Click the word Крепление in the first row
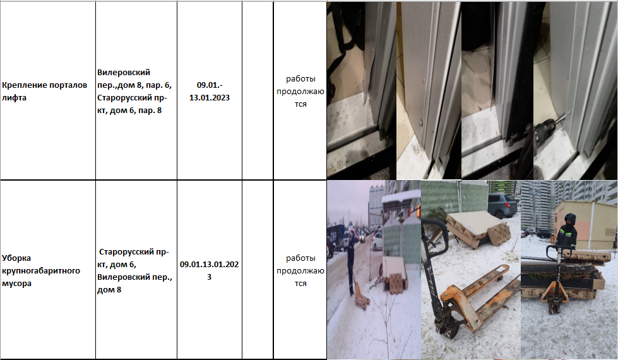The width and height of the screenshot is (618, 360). (20, 85)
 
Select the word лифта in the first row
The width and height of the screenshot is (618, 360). (14, 98)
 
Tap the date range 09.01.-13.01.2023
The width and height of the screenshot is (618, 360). (210, 92)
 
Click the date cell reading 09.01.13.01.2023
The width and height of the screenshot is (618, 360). (210, 270)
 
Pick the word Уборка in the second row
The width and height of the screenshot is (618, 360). (16, 258)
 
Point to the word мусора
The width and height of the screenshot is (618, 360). (16, 284)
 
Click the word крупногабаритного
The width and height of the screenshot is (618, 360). (41, 271)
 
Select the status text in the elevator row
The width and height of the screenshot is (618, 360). (300, 92)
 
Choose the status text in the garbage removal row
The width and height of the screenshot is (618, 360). (300, 271)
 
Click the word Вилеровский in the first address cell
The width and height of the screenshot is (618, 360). (124, 73)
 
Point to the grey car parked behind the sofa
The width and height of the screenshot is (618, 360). (502, 205)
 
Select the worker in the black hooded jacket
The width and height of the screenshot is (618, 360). (567, 232)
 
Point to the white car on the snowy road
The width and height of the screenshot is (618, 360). (377, 241)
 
